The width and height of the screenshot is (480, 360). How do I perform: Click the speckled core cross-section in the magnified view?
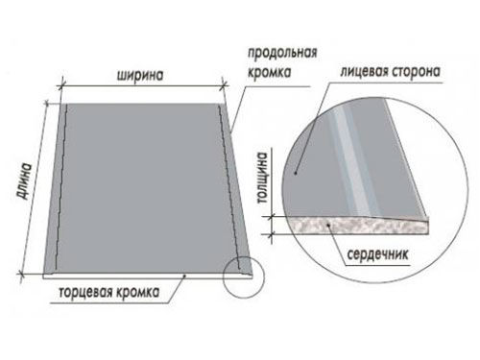(346, 223)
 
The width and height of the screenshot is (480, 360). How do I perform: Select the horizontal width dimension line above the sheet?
(144, 87)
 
